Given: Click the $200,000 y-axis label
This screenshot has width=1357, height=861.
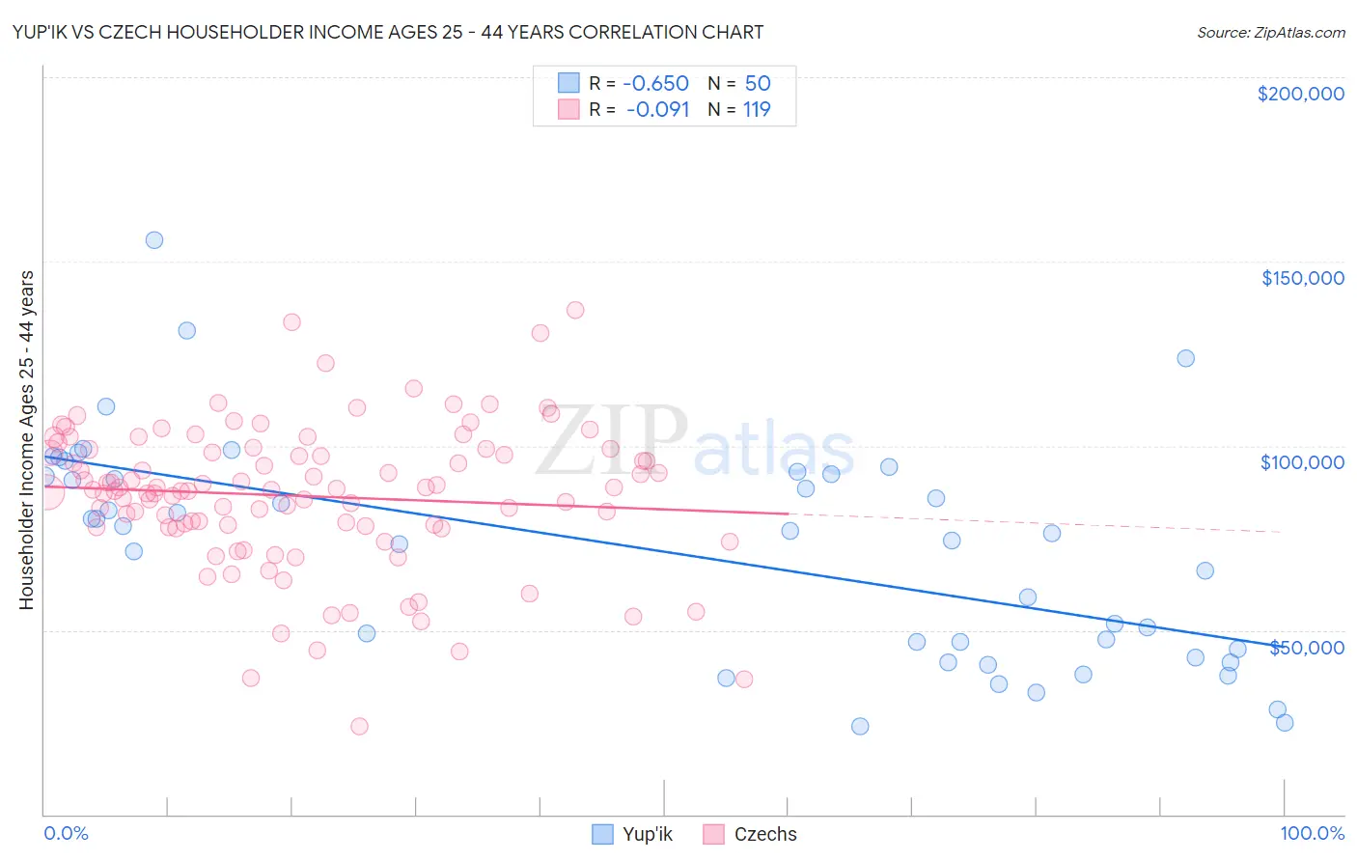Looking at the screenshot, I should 1300,94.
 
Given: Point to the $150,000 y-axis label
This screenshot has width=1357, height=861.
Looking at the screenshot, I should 1302,278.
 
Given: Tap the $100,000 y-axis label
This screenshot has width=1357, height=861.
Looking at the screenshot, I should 1302,462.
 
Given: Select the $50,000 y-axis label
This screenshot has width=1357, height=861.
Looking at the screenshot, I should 1306,647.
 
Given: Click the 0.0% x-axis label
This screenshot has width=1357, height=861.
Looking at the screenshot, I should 66,833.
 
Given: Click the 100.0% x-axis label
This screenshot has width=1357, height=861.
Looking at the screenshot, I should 1312,833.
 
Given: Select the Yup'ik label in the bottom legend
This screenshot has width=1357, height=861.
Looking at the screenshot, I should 648,834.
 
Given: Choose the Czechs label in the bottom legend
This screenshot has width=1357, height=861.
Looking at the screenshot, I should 765,834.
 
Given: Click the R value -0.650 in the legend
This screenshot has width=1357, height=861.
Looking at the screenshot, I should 657,83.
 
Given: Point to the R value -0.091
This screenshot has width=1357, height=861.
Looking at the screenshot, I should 657,109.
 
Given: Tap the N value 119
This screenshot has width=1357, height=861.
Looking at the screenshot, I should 757,109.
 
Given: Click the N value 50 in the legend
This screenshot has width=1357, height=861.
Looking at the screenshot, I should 758,83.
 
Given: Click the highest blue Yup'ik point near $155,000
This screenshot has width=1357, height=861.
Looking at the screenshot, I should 154,240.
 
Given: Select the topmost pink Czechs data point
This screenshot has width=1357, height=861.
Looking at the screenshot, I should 575,310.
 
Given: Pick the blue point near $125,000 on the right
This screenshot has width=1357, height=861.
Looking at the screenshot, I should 1186,358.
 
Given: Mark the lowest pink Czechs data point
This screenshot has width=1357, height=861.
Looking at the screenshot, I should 359,726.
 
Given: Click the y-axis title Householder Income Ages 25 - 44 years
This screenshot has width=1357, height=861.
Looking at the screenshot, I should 27,440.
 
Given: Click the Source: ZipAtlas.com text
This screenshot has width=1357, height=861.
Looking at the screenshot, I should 1270,33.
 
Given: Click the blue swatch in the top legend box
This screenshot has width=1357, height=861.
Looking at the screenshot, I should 568,83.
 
